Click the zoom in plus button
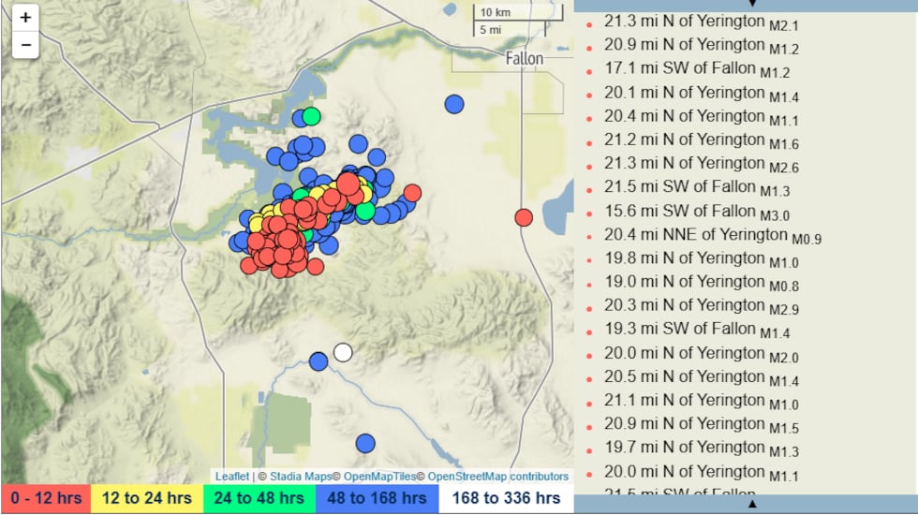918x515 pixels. (x=25, y=18)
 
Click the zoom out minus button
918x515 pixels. (x=25, y=44)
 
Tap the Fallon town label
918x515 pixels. (x=524, y=58)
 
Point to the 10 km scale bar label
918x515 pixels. (x=496, y=12)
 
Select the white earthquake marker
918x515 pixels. (x=343, y=352)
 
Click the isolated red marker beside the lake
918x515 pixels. (x=524, y=217)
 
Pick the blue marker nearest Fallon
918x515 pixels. (x=454, y=104)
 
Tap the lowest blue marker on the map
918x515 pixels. (x=365, y=443)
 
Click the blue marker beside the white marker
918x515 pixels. (x=318, y=360)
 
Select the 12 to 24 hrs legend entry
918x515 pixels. (x=146, y=498)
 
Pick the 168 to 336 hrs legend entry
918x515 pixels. (x=506, y=498)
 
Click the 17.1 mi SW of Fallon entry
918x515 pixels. (x=680, y=67)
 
